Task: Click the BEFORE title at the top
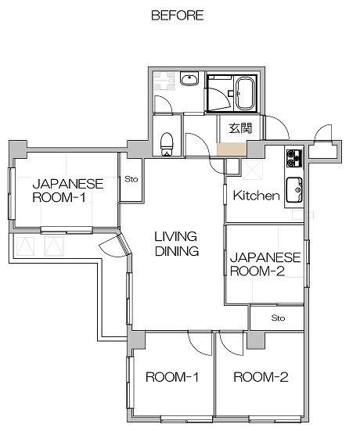pos(178,16)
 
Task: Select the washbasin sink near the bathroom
pos(189,78)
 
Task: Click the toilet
pos(167,144)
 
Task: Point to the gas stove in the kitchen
pos(294,158)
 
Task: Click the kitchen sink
pos(294,189)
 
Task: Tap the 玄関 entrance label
pos(240,128)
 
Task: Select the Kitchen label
pos(257,196)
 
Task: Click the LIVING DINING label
pos(177,244)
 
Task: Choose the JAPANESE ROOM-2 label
pos(265,264)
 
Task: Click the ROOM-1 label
pos(172,377)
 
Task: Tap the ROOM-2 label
pos(261,377)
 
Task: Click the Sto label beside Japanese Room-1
pos(131,179)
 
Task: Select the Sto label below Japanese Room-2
pos(278,318)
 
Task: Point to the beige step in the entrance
pos(232,149)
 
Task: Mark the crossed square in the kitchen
pos(253,170)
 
